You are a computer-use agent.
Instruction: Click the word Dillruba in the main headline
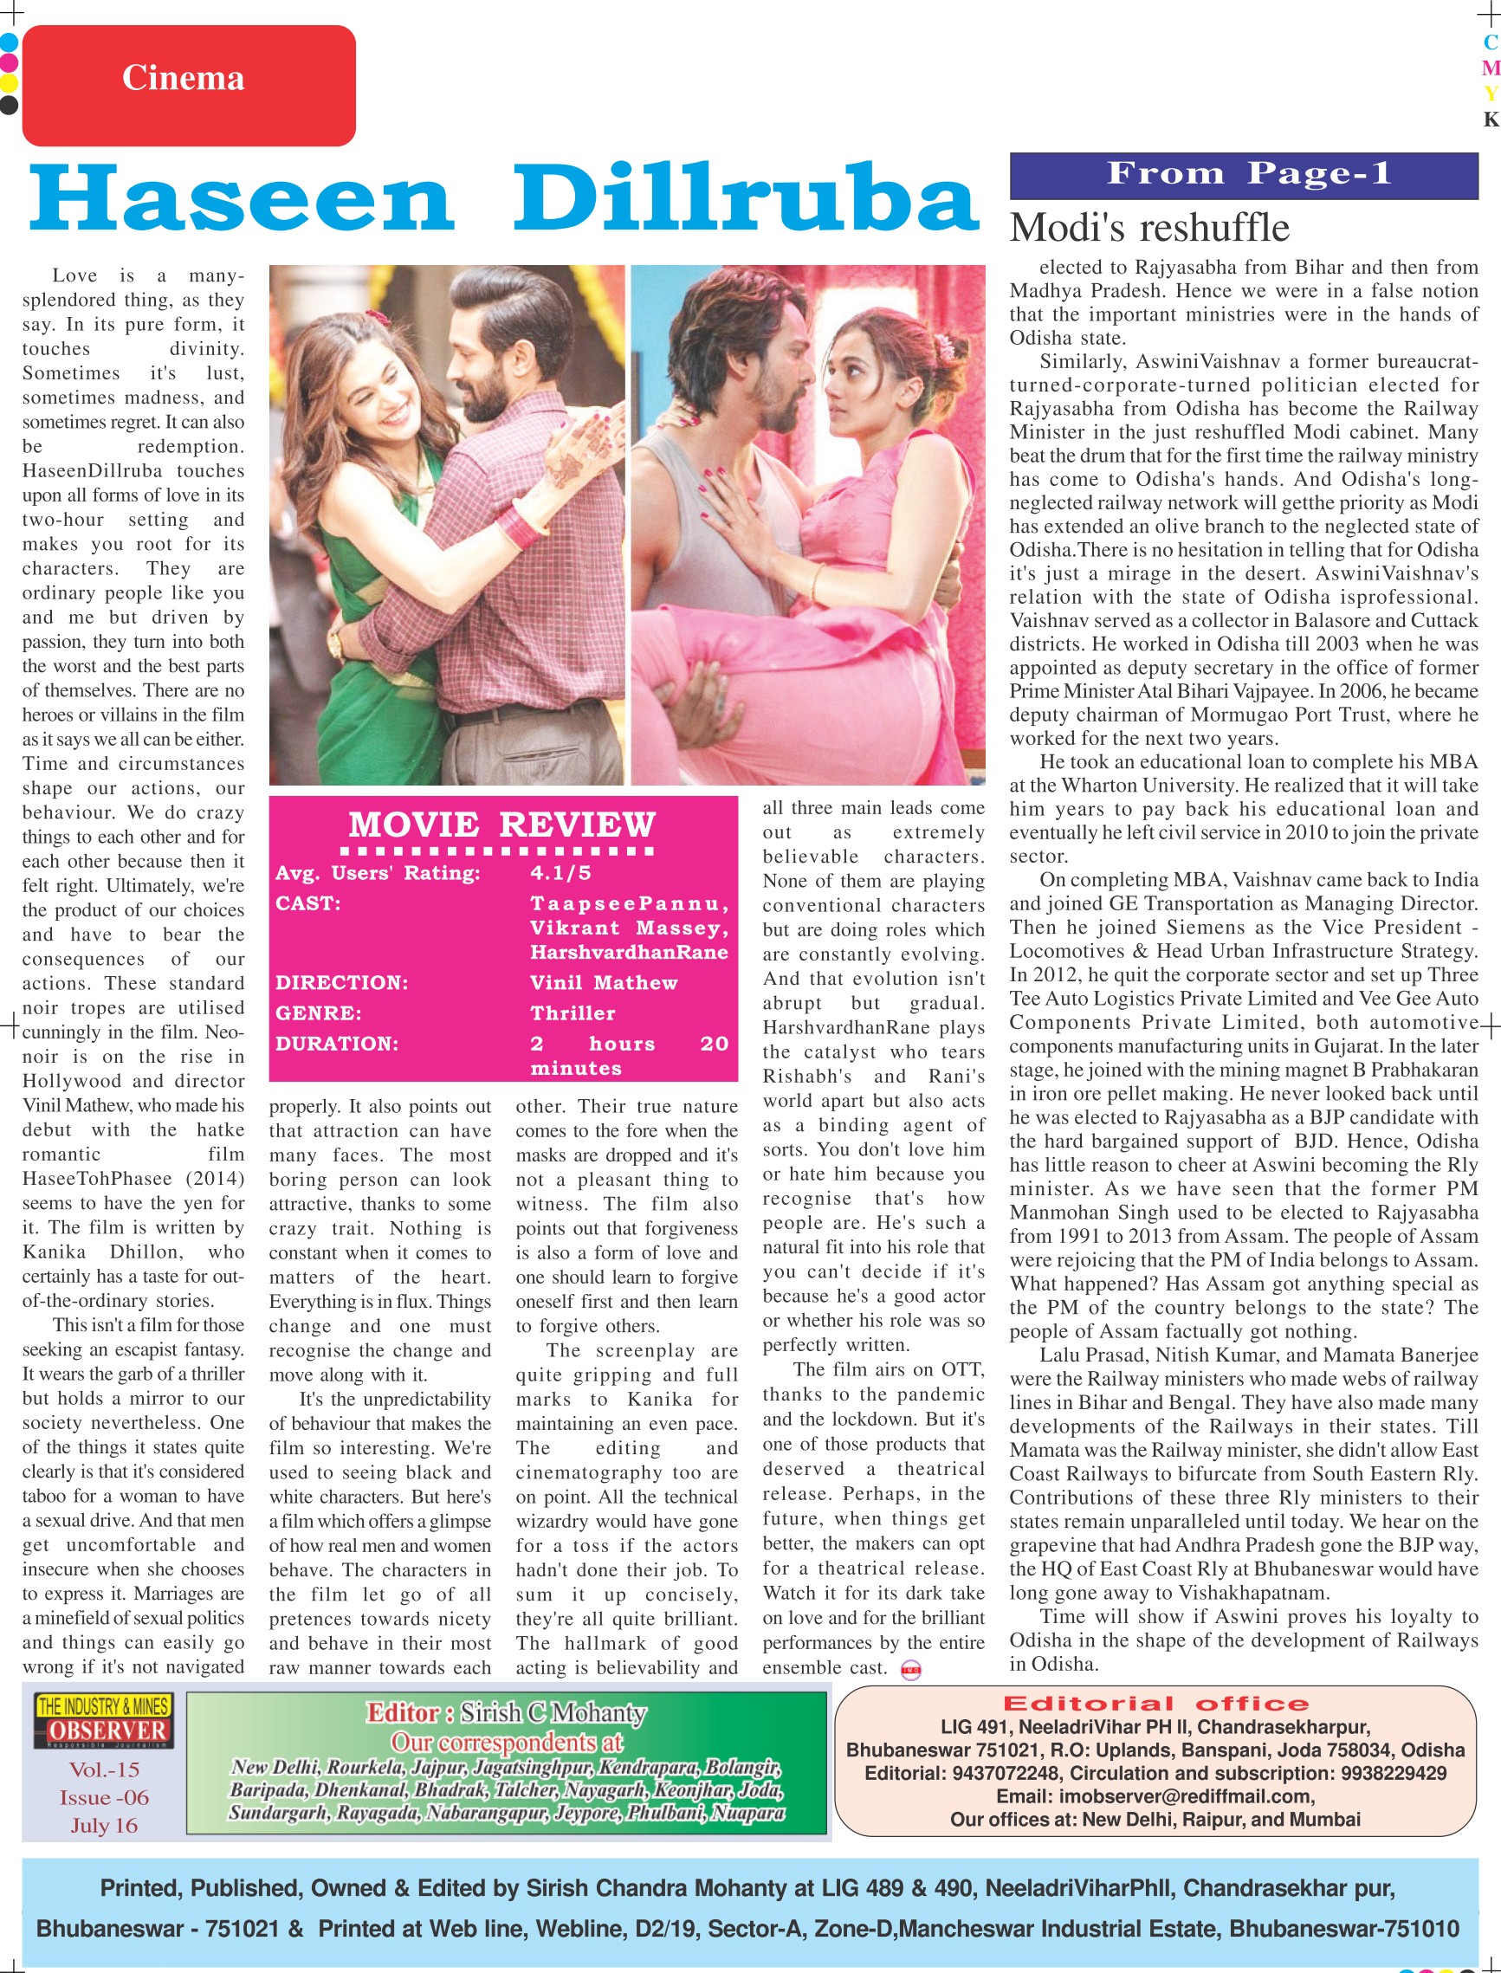coord(746,197)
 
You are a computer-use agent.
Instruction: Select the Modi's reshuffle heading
coord(1149,228)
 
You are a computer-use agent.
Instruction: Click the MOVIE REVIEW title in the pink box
coord(502,824)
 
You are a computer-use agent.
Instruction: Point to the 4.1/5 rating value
coord(560,873)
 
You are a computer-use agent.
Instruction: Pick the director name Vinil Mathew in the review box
coord(603,983)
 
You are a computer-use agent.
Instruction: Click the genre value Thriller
coord(573,1013)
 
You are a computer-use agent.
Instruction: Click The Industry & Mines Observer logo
coord(104,1720)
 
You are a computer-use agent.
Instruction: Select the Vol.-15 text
coord(104,1769)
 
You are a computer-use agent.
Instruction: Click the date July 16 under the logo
coord(104,1826)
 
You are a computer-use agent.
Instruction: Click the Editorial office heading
coord(1155,1703)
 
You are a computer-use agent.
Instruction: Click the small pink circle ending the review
coord(910,1670)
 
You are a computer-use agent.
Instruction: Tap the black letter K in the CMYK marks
coord(1490,120)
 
